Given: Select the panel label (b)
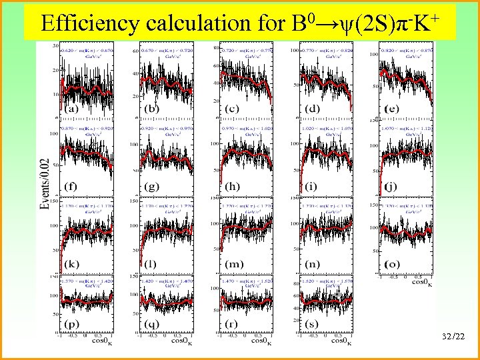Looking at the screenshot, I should click(x=152, y=109).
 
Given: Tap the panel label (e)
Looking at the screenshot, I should click(x=394, y=108).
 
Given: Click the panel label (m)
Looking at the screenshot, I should click(x=234, y=264).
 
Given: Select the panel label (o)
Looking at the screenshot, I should click(x=393, y=264).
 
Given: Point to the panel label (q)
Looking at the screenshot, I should click(x=152, y=325).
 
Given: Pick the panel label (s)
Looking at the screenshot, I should click(x=313, y=325).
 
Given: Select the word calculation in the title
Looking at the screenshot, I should click(x=198, y=23).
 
